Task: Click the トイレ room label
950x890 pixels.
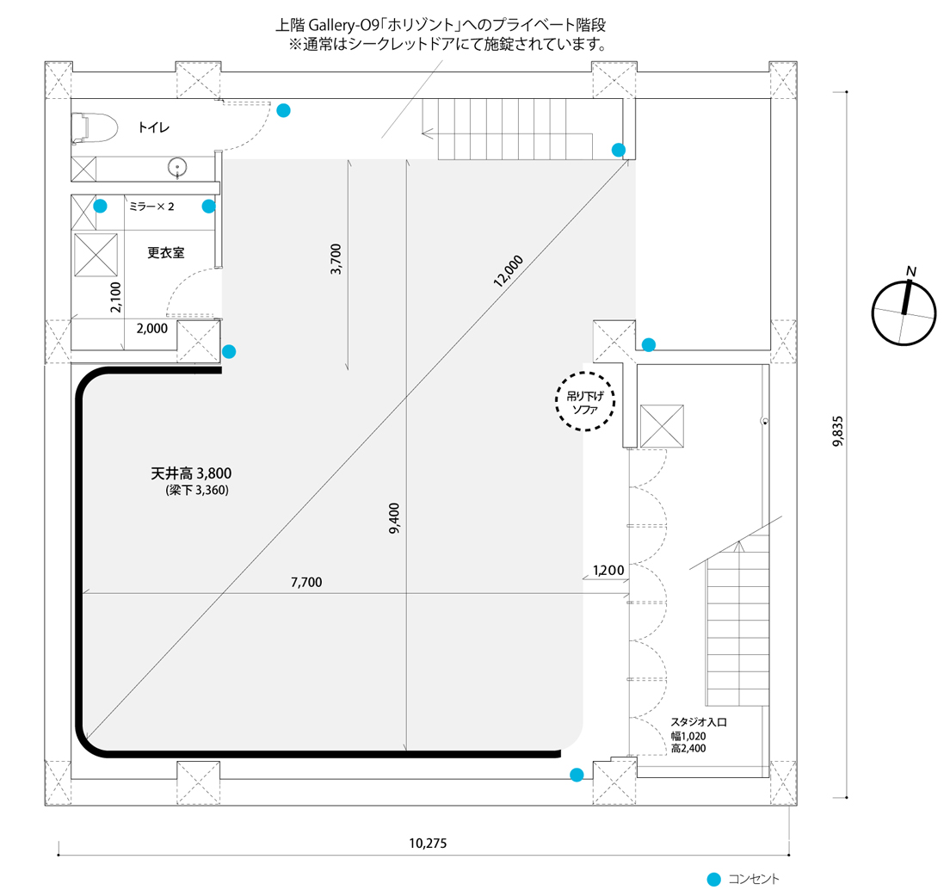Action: (x=153, y=127)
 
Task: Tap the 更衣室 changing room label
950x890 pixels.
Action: (x=165, y=252)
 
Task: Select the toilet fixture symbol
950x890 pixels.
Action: (x=94, y=128)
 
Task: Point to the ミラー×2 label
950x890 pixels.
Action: (x=151, y=207)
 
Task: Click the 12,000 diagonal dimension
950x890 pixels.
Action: (x=508, y=271)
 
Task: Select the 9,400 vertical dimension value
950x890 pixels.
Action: (x=394, y=518)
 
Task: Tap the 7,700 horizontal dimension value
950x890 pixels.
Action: (x=306, y=582)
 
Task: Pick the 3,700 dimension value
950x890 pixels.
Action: (x=336, y=259)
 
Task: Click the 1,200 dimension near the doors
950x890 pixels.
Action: (x=608, y=570)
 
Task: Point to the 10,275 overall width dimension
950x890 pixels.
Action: (x=428, y=843)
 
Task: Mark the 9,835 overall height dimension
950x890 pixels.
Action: (x=838, y=431)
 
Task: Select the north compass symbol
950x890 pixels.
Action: (x=904, y=313)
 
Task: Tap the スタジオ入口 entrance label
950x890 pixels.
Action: (x=699, y=722)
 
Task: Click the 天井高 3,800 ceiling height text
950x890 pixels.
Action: (x=191, y=473)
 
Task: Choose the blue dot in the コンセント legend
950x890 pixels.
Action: (x=714, y=879)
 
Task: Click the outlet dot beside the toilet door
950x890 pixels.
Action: (x=283, y=110)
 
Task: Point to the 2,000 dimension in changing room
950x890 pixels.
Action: (x=152, y=329)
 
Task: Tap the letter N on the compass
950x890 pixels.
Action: (x=910, y=271)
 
